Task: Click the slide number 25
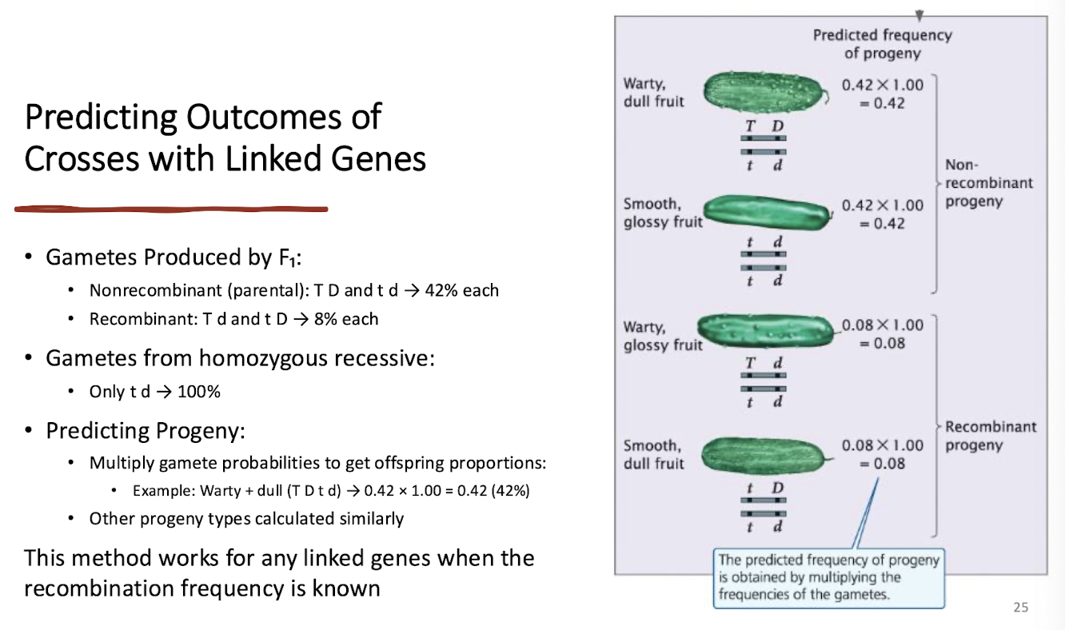point(1020,608)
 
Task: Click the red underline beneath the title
point(171,209)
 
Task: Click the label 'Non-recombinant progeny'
point(988,182)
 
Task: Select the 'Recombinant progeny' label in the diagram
point(990,436)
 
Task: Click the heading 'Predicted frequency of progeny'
point(882,44)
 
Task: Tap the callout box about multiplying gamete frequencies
point(828,577)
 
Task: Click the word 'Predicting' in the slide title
point(100,118)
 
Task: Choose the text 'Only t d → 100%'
point(154,392)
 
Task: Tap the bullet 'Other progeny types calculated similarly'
point(246,518)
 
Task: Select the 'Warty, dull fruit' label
point(654,92)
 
